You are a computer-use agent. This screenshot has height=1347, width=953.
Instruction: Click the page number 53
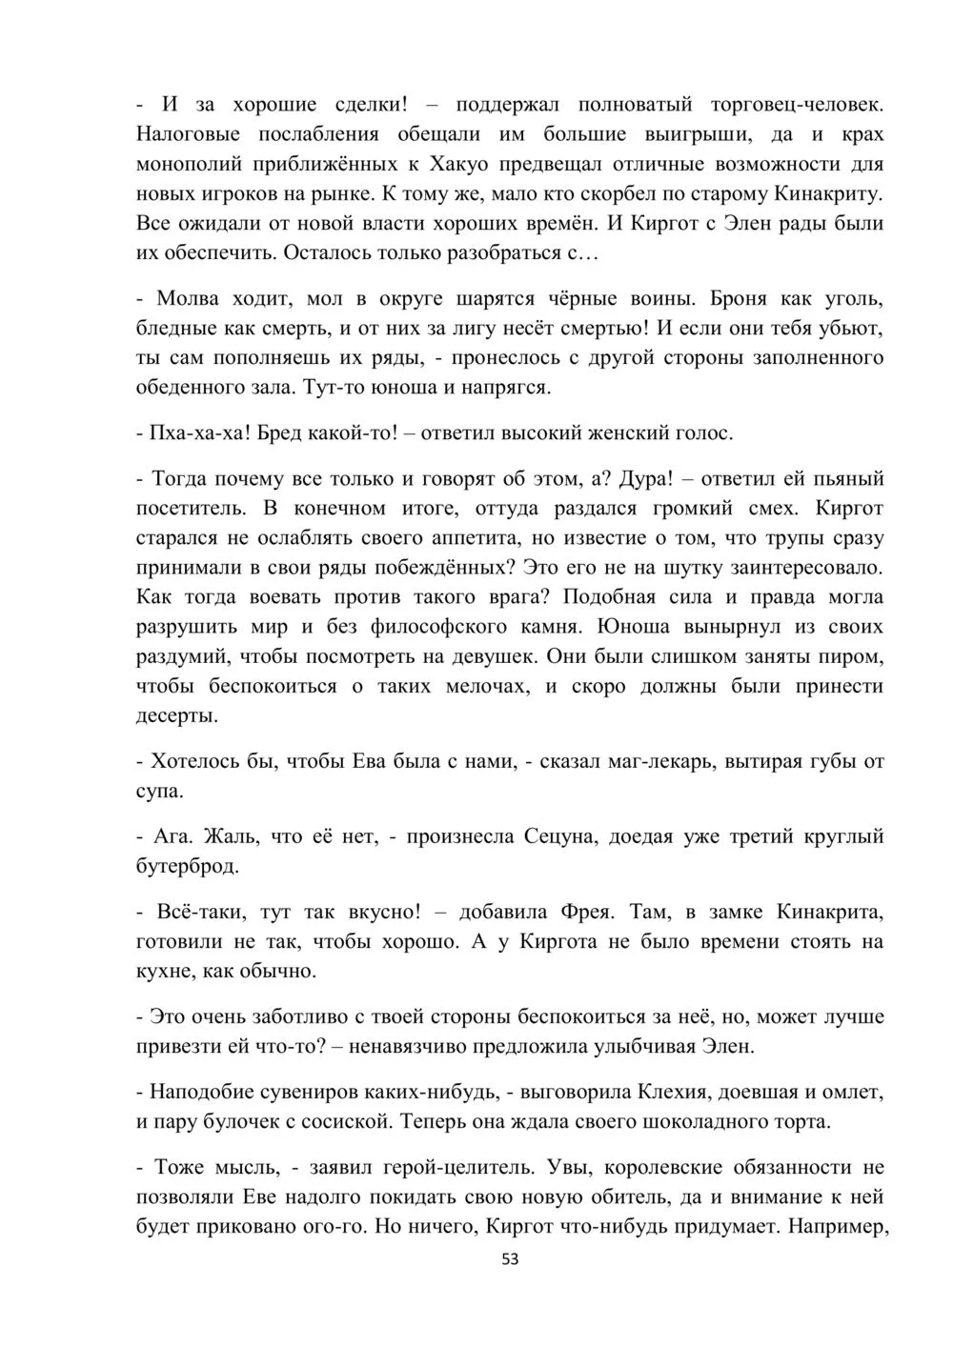(x=510, y=1258)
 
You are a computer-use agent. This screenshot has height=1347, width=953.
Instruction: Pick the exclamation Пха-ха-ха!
(x=191, y=433)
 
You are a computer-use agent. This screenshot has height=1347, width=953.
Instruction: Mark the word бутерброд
(x=188, y=867)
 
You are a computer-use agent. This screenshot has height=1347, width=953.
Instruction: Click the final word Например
(x=839, y=1226)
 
